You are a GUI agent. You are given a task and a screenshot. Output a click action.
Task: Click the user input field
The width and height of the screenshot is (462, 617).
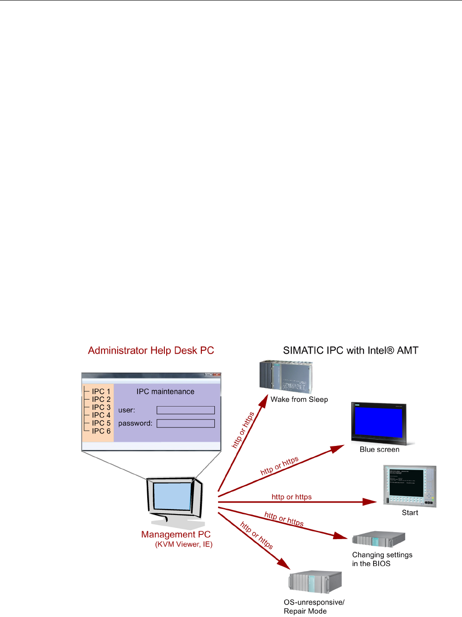click(186, 410)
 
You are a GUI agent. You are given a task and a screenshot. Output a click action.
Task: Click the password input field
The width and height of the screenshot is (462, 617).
click(186, 423)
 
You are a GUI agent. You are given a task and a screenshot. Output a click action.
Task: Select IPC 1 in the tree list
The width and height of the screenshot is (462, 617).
click(101, 392)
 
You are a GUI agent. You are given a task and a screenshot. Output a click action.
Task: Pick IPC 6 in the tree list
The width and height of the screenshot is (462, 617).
click(101, 431)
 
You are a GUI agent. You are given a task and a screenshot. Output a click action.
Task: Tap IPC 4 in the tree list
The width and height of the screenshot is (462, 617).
click(101, 415)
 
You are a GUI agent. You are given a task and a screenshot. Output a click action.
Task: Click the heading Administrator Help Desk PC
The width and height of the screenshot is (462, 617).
click(151, 350)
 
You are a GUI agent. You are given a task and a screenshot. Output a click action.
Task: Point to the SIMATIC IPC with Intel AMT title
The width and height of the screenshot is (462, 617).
click(350, 350)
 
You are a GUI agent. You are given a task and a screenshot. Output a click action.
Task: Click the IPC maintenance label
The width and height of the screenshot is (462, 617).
click(165, 392)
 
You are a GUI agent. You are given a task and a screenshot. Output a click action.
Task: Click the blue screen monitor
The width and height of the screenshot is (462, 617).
click(379, 423)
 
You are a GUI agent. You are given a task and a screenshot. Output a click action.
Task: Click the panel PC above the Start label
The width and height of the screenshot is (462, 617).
click(410, 486)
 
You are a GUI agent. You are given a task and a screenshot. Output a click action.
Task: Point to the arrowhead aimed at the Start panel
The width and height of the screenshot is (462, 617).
click(370, 502)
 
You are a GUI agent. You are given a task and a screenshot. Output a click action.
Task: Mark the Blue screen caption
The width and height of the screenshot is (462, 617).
click(379, 450)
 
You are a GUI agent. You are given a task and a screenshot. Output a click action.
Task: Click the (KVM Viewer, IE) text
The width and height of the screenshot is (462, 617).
click(184, 545)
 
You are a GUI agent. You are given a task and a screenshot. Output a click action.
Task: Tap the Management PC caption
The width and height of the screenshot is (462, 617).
click(176, 534)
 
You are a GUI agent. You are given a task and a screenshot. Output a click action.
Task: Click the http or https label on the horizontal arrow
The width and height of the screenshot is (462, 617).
click(292, 497)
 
